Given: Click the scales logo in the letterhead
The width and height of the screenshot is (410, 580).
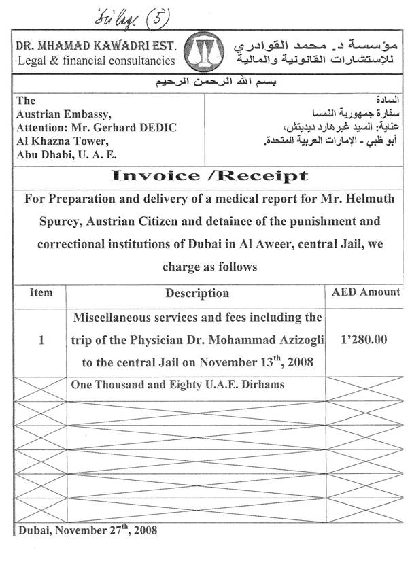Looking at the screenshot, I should point(205,53).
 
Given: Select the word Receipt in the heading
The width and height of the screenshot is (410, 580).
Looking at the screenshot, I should point(262,176).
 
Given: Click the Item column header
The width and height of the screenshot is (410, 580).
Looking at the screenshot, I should point(41,293).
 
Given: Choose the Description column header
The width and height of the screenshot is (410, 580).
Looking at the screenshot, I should point(197,294).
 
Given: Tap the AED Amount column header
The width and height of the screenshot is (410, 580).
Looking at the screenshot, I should point(365,292).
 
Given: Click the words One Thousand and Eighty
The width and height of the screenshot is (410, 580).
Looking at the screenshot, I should point(126,385).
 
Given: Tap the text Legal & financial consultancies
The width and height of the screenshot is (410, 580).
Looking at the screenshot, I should point(95,62).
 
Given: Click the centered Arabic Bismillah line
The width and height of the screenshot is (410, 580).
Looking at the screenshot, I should point(205,84).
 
